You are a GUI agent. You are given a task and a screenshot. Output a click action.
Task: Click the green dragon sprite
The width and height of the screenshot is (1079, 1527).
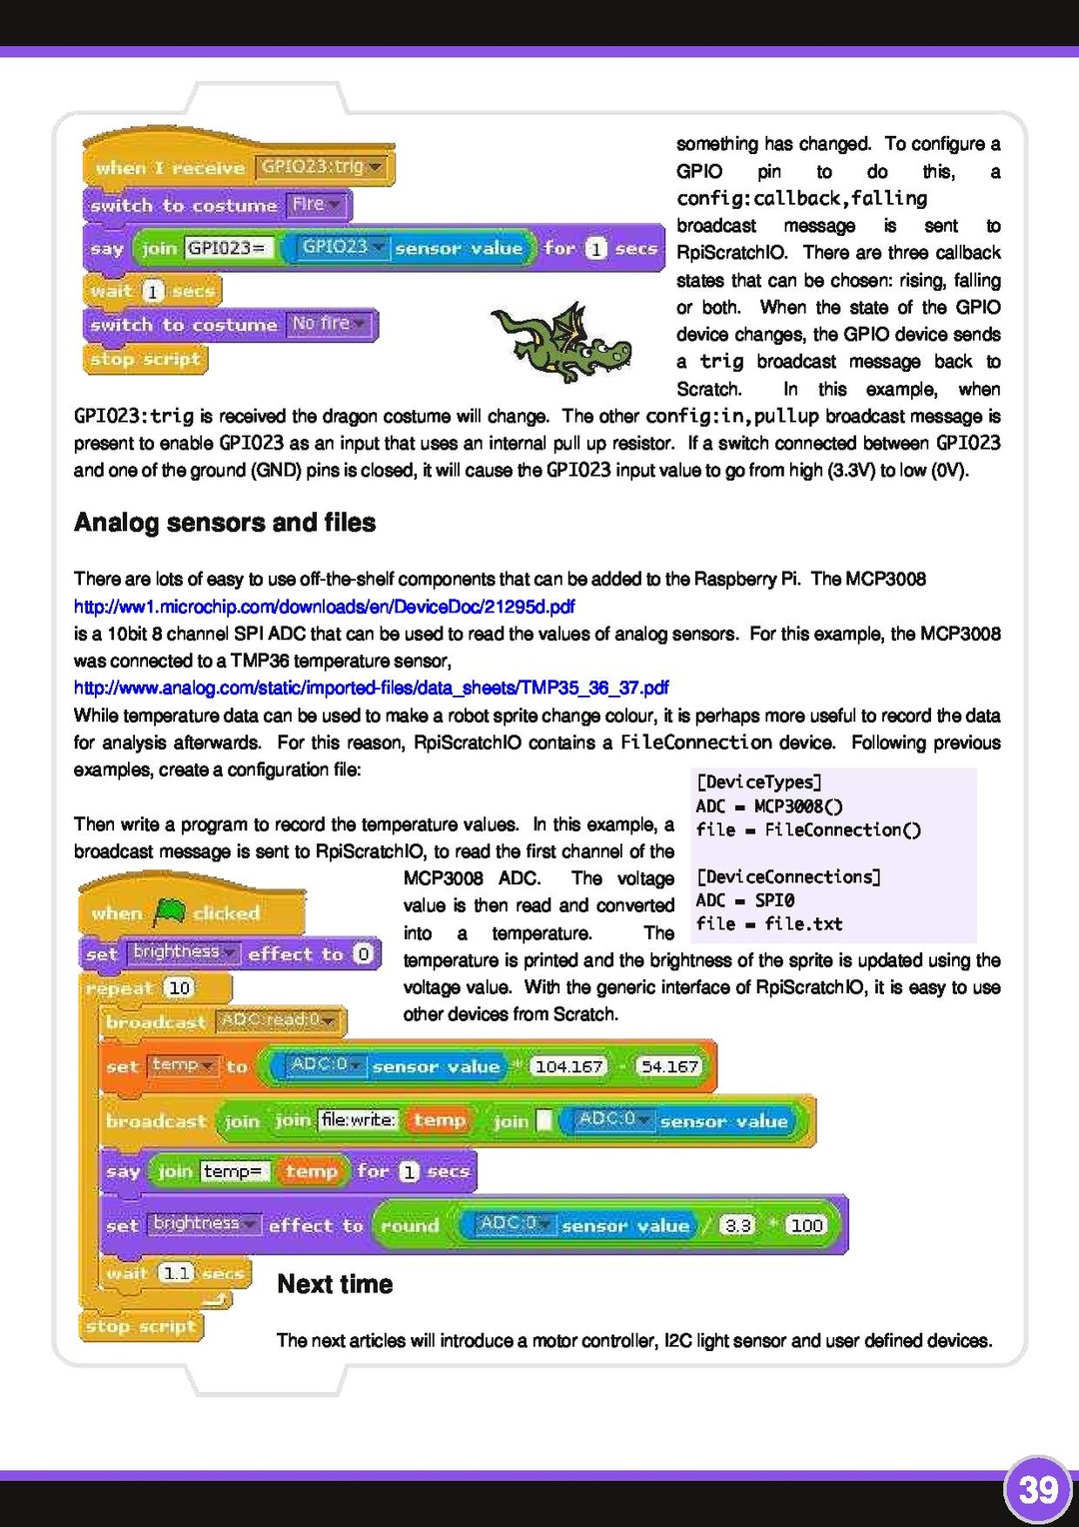coord(561,343)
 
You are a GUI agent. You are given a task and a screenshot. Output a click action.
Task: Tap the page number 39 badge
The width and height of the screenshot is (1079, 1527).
coord(1038,1490)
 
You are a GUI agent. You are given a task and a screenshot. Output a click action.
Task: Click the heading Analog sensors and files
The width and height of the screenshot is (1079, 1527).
coord(225,523)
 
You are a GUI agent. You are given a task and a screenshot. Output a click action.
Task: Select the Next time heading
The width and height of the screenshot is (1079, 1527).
coord(335,1284)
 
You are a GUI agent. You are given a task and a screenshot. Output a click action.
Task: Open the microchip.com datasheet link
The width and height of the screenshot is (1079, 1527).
coord(325,607)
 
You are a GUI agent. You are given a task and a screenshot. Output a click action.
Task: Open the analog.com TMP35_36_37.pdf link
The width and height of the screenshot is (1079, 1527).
coord(371,688)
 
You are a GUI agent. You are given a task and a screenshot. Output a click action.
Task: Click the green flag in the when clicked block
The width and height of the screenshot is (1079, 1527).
coord(171,911)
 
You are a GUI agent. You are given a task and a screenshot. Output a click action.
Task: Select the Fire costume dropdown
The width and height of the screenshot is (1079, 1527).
coord(316,205)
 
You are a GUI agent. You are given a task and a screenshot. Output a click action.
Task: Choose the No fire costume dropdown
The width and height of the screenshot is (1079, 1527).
coord(329,324)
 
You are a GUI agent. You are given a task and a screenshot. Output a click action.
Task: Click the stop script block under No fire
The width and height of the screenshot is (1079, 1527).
coord(146,359)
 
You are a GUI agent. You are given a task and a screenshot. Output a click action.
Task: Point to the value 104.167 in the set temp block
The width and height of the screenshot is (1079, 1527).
coord(568,1066)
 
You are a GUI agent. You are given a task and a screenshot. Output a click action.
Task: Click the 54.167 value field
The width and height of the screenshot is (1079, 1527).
coord(669,1066)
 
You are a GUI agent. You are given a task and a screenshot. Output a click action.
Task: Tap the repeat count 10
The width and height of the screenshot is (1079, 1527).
coord(179,988)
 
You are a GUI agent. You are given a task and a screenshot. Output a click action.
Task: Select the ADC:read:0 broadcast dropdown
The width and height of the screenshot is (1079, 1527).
coord(279,1020)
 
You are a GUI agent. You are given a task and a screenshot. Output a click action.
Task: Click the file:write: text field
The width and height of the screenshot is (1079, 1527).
coord(359,1120)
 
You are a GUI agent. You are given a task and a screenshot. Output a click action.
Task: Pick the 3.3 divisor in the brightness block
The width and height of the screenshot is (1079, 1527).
coord(737,1225)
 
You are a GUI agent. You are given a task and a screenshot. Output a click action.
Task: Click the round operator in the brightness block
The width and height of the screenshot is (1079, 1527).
coord(410,1225)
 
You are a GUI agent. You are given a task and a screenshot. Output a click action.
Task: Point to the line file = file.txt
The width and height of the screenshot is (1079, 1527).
coord(769,924)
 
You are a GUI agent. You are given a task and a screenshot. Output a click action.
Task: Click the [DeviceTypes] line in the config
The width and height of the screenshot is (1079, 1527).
coord(758,781)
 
